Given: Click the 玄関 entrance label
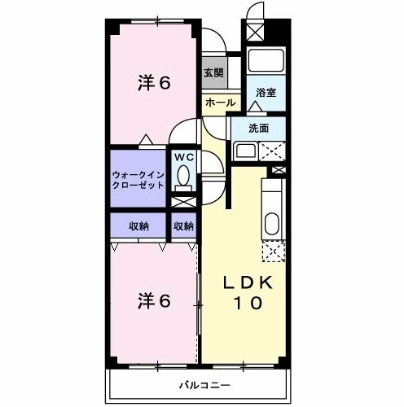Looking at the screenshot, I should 214,72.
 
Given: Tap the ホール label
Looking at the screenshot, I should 221,103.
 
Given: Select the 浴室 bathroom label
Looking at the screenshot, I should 266,92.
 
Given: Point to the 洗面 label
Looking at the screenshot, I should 259,127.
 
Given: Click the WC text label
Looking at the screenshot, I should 182,156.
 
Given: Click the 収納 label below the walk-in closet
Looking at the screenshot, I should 138,225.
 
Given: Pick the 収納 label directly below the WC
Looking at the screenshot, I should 183,225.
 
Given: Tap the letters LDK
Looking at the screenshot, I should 253,282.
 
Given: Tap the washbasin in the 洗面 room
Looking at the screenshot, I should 244,150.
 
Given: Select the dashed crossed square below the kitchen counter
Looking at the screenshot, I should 272,252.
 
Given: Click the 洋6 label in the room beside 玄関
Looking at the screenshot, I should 155,83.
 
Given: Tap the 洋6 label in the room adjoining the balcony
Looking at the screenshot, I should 155,301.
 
